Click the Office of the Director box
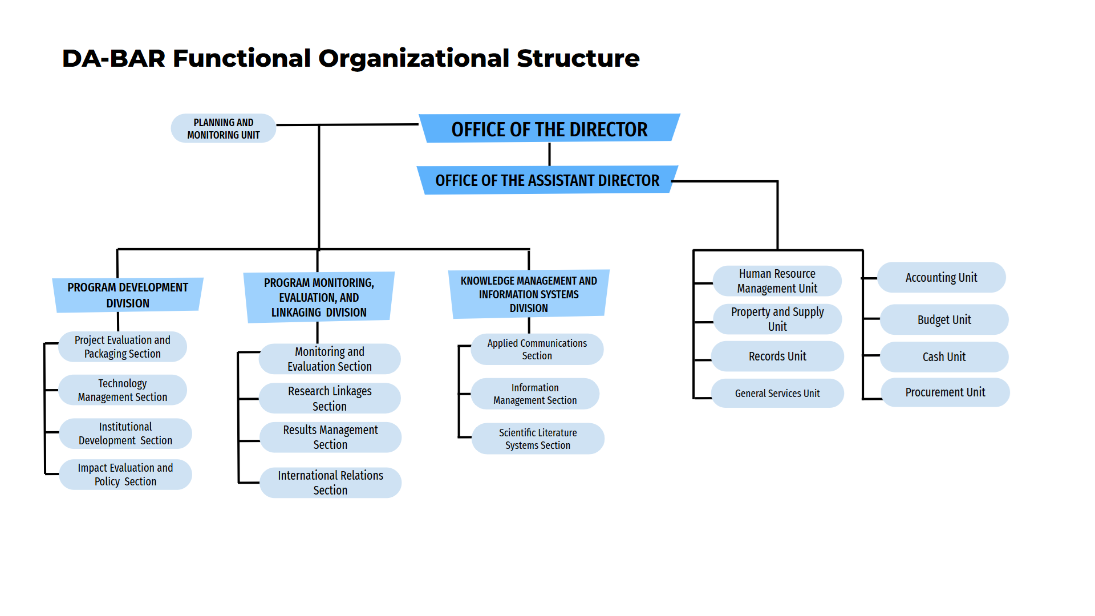click(549, 128)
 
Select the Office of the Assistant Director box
click(547, 180)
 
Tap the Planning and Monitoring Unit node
click(224, 128)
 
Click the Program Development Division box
click(128, 295)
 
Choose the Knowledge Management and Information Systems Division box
click(529, 294)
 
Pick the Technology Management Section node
click(123, 390)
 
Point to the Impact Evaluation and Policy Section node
click(125, 475)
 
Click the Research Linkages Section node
click(330, 398)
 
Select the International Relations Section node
click(331, 483)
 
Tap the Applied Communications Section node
click(537, 349)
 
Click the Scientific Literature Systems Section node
click(538, 439)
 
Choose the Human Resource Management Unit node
click(777, 281)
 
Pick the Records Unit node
click(777, 356)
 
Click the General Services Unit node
click(777, 393)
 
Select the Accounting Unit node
click(942, 277)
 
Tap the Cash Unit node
click(944, 356)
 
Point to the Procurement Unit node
click(945, 392)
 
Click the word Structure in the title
click(578, 58)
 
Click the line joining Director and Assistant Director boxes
click(549, 154)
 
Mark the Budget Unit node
click(944, 319)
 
